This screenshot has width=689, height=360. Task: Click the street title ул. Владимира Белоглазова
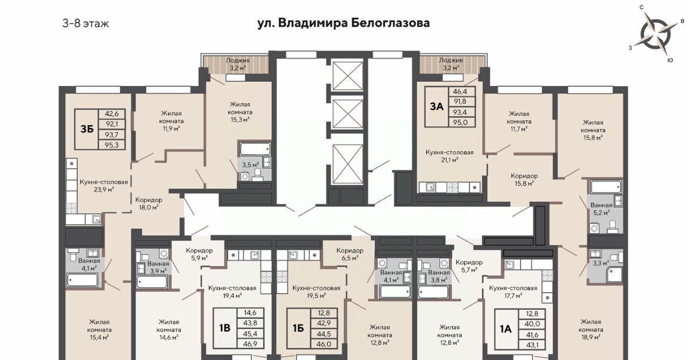point(343,23)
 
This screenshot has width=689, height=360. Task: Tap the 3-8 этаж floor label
point(86,24)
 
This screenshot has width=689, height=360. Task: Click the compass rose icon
point(655,34)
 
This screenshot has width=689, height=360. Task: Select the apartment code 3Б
point(87,130)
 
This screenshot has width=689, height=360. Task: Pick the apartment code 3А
point(437,107)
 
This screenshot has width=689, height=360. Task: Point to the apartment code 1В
point(225,328)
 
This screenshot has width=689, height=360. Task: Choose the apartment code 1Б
point(298,328)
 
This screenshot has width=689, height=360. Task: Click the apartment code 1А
point(506,329)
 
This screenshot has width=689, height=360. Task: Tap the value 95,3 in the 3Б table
point(111,145)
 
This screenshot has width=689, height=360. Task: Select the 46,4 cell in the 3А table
point(460,91)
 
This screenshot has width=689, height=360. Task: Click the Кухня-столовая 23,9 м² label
point(104,186)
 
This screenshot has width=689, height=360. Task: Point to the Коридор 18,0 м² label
point(149,203)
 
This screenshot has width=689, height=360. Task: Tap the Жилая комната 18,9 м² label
point(590,329)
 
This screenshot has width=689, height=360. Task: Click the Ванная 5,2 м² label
point(601,209)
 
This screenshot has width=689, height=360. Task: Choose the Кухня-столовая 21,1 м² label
point(449,156)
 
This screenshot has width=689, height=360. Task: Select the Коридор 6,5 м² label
point(350,254)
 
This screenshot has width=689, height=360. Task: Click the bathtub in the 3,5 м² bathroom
point(255,149)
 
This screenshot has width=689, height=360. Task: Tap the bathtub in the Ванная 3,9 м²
point(152,281)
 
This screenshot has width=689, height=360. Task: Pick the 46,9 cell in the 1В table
point(250,344)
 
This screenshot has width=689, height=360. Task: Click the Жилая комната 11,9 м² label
point(171,121)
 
